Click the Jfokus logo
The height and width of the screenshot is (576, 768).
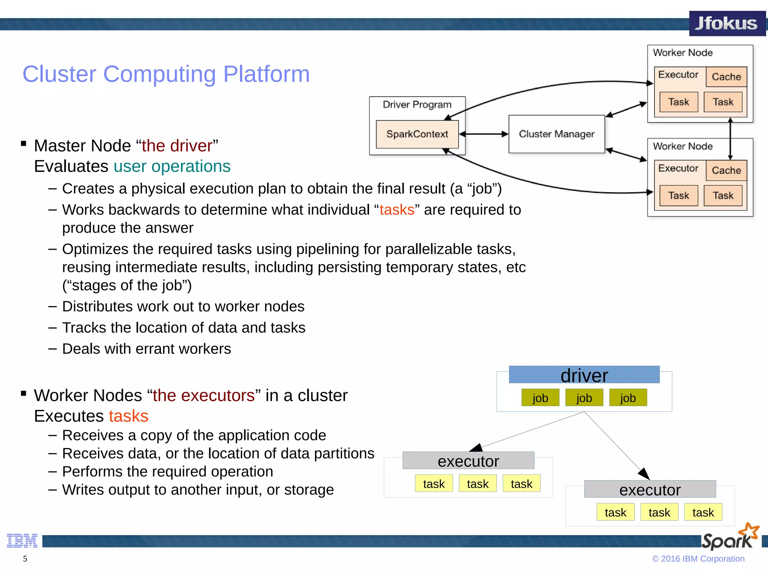click(x=726, y=23)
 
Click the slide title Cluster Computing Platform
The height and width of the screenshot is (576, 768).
click(x=166, y=74)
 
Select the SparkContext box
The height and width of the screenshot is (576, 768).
click(x=417, y=134)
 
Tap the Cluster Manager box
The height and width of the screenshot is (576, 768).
click(x=556, y=134)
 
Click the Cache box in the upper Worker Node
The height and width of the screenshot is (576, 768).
click(x=726, y=77)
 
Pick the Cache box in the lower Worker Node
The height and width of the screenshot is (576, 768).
click(x=726, y=171)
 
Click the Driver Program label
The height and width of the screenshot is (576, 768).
click(x=417, y=105)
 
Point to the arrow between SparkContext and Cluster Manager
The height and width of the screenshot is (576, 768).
click(x=483, y=134)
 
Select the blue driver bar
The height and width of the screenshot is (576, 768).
click(x=584, y=375)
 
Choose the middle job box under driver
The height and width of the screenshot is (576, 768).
click(x=584, y=398)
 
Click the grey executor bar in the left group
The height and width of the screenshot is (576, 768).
click(x=468, y=461)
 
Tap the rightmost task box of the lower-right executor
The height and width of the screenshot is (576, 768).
click(x=703, y=513)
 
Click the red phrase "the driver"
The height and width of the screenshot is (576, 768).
click(x=177, y=146)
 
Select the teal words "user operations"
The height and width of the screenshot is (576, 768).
click(x=172, y=166)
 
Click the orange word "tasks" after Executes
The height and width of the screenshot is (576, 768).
click(x=129, y=416)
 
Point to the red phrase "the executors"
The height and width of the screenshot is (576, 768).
click(x=204, y=396)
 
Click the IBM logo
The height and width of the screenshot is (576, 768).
click(x=22, y=541)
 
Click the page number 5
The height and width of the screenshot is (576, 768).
click(x=25, y=559)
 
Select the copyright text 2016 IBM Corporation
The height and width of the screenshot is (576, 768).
click(x=698, y=559)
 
